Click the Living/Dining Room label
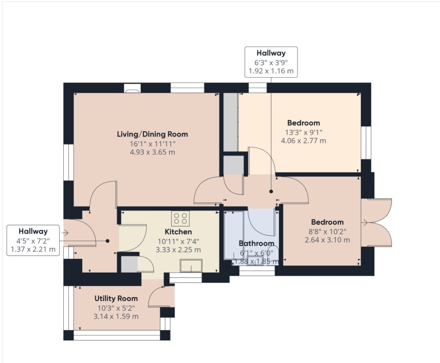(152, 134)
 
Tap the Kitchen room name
(178, 232)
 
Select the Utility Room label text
(116, 298)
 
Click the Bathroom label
(256, 243)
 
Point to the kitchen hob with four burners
(181, 218)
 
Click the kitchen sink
(191, 266)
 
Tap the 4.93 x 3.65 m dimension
(152, 152)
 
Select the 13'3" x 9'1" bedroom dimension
(304, 132)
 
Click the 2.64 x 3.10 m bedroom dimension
(327, 240)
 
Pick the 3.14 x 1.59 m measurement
(116, 316)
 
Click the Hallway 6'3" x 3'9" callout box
(271, 62)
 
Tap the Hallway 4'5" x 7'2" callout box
(33, 240)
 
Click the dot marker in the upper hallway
(271, 191)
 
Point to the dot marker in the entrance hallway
(108, 241)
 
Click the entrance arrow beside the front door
(65, 233)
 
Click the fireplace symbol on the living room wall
(132, 91)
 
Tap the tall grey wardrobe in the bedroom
(231, 123)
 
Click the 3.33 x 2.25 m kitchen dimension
(178, 250)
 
